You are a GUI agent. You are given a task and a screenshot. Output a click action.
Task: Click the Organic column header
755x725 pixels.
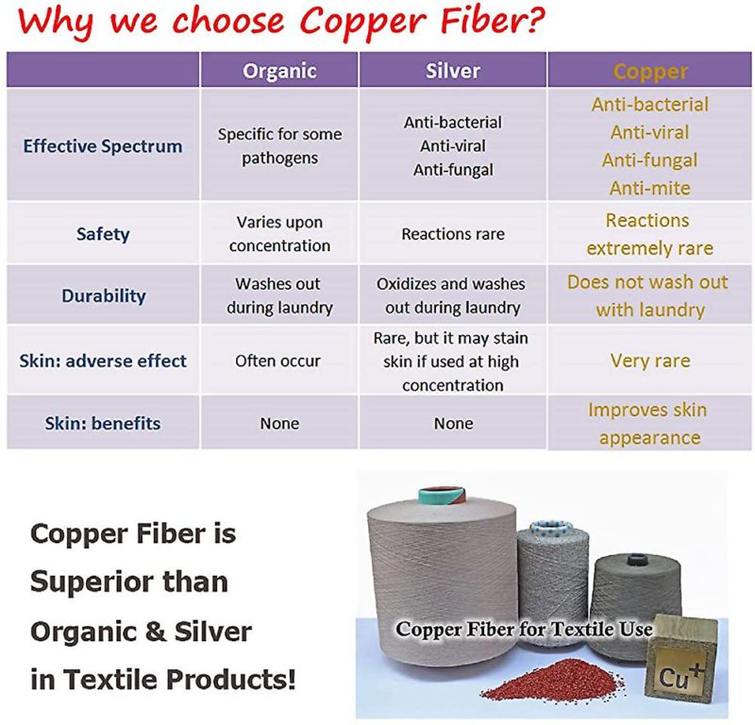pyautogui.click(x=279, y=71)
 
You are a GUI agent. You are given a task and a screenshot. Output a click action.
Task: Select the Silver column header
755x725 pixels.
pyautogui.click(x=453, y=71)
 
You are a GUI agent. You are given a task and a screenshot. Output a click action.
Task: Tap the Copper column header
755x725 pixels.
pyautogui.click(x=650, y=72)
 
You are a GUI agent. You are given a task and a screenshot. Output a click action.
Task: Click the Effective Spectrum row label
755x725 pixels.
pyautogui.click(x=103, y=146)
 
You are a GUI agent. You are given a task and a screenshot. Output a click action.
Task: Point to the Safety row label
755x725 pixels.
pyautogui.click(x=103, y=234)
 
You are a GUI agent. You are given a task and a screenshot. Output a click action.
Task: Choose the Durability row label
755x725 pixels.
pyautogui.click(x=104, y=295)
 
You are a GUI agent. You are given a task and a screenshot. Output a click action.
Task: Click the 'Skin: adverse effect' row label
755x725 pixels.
pyautogui.click(x=103, y=361)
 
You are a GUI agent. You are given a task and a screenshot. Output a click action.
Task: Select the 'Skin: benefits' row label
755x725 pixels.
pyautogui.click(x=103, y=423)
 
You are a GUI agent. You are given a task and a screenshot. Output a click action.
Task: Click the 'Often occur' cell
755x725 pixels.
pyautogui.click(x=277, y=361)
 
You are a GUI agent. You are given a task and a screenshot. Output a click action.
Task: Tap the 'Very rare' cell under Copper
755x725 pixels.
pyautogui.click(x=650, y=361)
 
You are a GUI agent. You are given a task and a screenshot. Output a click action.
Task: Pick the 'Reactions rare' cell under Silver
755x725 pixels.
pyautogui.click(x=453, y=234)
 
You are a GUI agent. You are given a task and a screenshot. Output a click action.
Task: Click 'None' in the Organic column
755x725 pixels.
pyautogui.click(x=279, y=424)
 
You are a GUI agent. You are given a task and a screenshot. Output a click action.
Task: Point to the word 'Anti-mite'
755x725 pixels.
pyautogui.click(x=650, y=188)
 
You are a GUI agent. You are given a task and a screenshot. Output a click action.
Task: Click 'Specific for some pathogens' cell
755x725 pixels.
pyautogui.click(x=279, y=146)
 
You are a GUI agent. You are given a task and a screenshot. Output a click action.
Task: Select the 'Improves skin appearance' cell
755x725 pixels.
pyautogui.click(x=648, y=424)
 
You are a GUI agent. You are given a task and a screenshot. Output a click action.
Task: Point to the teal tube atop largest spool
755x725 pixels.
pyautogui.click(x=442, y=496)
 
